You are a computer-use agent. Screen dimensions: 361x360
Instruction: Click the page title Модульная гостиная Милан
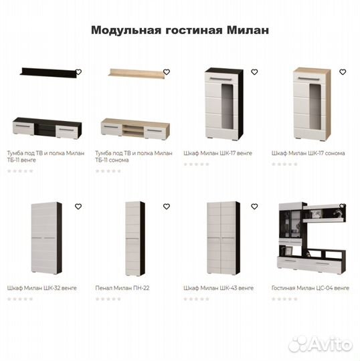(179, 31)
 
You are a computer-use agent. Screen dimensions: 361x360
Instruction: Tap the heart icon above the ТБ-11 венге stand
(78, 72)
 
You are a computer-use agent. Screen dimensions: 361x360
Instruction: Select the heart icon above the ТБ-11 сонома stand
(166, 72)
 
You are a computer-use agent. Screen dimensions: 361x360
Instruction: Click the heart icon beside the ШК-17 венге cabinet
(254, 72)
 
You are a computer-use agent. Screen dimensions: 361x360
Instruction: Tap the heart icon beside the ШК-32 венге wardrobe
(78, 207)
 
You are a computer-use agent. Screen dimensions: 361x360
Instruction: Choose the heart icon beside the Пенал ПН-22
(166, 207)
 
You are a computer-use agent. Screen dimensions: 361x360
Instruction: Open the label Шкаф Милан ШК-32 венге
(41, 288)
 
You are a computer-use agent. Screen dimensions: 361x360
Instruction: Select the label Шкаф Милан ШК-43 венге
(218, 288)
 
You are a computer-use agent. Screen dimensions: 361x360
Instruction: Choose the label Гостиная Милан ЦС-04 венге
(310, 288)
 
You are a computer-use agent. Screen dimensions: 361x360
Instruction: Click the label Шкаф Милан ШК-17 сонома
(308, 153)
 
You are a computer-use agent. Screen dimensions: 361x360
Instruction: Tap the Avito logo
(319, 344)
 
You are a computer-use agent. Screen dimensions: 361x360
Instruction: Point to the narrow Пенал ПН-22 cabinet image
(134, 238)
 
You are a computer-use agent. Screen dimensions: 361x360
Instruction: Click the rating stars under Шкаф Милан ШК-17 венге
(196, 164)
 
